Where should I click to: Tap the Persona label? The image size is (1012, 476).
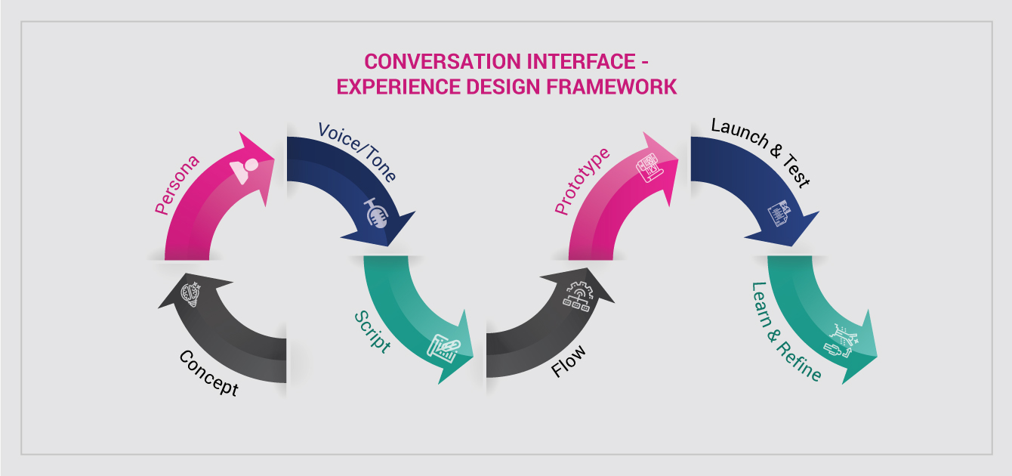click(x=177, y=185)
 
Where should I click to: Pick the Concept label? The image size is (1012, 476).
click(x=208, y=373)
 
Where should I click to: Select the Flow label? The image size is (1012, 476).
click(x=569, y=361)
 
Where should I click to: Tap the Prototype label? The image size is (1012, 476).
click(x=582, y=181)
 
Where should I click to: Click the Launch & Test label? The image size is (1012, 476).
click(x=761, y=153)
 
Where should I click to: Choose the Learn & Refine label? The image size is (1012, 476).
click(x=786, y=332)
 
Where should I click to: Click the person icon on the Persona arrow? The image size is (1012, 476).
click(x=245, y=171)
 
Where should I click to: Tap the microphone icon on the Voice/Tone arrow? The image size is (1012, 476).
click(x=376, y=212)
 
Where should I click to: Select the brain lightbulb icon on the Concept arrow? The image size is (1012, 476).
click(x=190, y=294)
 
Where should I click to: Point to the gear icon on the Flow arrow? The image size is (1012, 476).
click(x=579, y=296)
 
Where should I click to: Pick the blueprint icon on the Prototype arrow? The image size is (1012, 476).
click(x=649, y=168)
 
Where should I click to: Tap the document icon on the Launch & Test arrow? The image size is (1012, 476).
click(x=780, y=213)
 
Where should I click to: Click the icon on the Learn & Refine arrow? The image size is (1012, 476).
click(x=841, y=341)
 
